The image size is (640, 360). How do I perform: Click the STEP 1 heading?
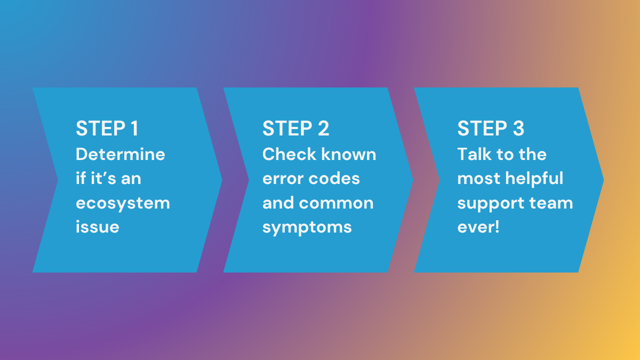pos(107,129)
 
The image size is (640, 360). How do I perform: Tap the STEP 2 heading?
pos(295,129)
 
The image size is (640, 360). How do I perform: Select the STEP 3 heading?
pos(491,129)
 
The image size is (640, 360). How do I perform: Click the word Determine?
pos(121,154)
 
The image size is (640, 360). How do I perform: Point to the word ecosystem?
pos(123,203)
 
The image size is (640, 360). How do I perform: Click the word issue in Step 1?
pos(97,227)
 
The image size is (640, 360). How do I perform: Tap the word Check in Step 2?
pos(288,154)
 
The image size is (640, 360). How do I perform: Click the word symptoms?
pos(307,228)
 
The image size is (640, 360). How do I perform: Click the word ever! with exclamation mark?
pos(478,227)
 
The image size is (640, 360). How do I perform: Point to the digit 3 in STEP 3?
pos(517,129)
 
